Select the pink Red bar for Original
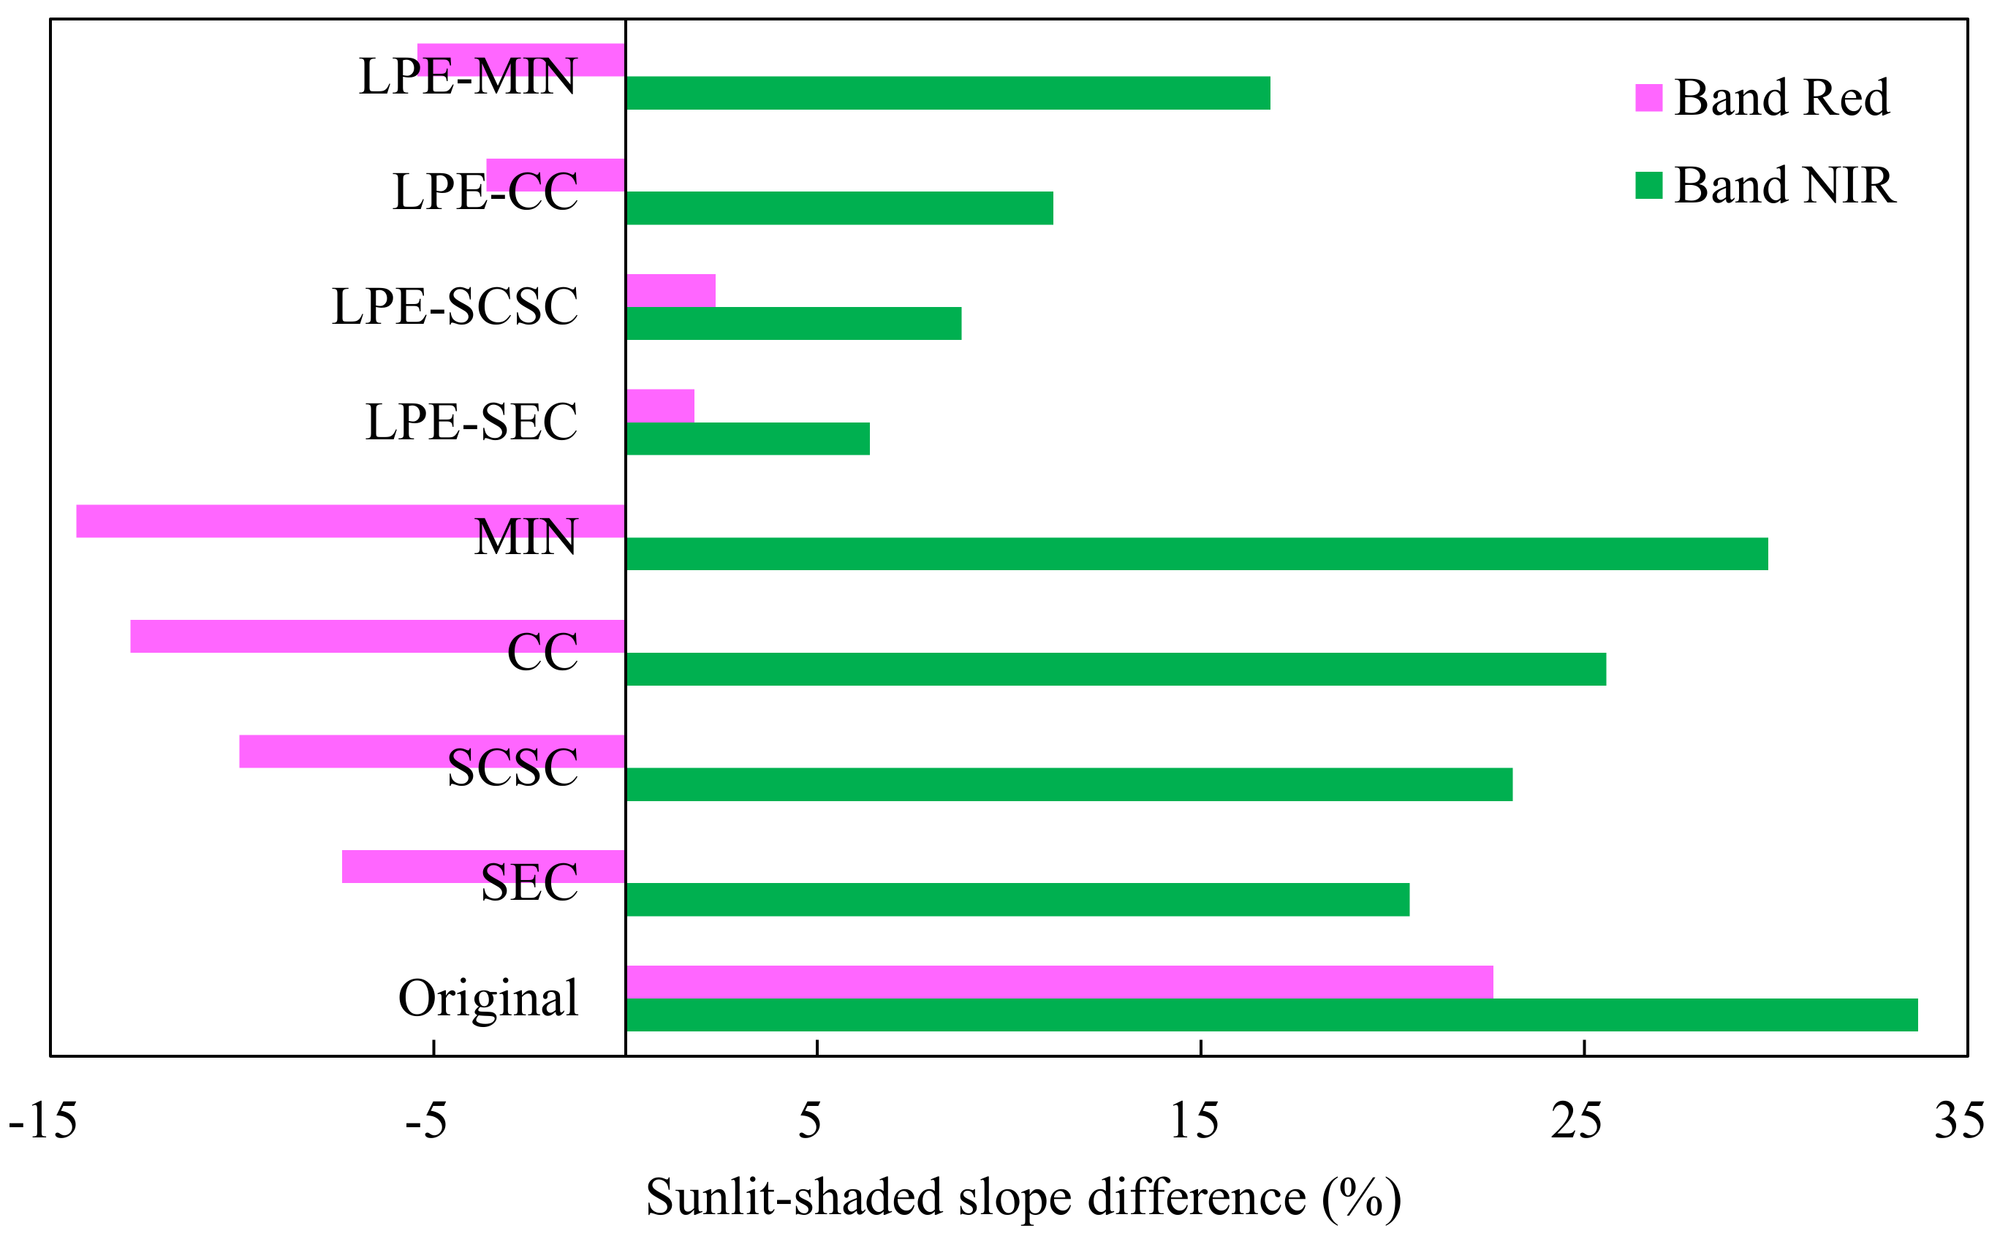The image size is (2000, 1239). pos(1058,982)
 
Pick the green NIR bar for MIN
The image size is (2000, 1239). pos(1196,554)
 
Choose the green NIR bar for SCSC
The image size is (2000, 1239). pos(1069,784)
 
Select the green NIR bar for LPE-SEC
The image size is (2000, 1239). pos(747,439)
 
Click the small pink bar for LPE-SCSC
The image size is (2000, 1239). pos(670,291)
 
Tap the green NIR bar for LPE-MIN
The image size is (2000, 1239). pos(947,93)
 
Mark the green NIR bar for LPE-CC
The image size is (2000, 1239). pos(839,208)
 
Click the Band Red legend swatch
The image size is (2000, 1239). pos(1648,97)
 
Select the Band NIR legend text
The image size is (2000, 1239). pos(1784,185)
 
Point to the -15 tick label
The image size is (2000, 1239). pos(42,1121)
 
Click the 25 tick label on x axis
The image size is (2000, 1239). pos(1575,1121)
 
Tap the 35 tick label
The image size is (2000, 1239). pos(1959,1121)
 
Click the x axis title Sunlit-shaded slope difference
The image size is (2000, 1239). pos(1023,1198)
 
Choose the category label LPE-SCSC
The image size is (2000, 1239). pos(455,307)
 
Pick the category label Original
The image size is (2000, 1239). pos(488,998)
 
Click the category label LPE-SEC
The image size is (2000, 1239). pos(471,422)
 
